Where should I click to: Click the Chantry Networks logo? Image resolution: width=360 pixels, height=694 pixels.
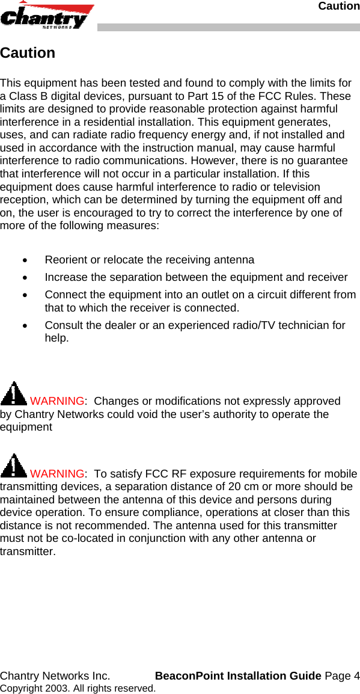tap(47, 16)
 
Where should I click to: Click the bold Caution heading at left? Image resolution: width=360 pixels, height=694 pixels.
tap(28, 53)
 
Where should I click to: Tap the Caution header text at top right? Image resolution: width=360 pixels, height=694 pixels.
tap(338, 6)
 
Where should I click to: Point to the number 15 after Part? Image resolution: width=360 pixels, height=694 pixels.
tap(217, 96)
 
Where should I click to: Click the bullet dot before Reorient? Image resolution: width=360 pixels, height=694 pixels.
tap(24, 260)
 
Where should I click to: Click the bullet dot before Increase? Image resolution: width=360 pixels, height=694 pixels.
tap(24, 278)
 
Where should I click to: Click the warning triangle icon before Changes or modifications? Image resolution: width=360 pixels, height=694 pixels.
tap(13, 394)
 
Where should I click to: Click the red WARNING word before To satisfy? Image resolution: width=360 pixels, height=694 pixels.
tap(56, 474)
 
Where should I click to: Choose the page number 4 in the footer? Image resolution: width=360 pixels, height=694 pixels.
tap(356, 676)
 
